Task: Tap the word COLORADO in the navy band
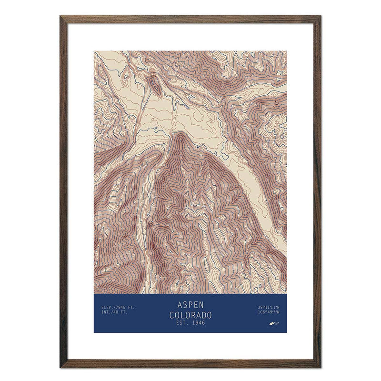click(190, 315)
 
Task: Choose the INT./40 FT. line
click(115, 313)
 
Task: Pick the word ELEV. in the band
click(107, 308)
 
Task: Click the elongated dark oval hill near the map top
click(154, 84)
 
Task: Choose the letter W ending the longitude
click(278, 313)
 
